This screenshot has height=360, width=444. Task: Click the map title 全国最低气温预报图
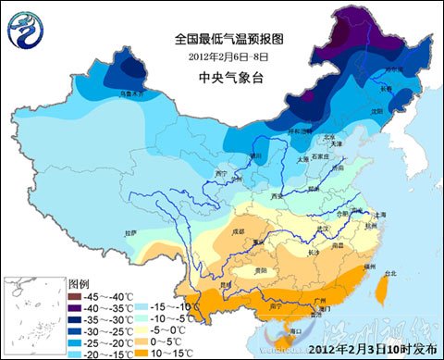(x=221, y=39)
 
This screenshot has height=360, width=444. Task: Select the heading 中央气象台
(x=222, y=77)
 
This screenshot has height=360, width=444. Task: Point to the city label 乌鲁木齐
(x=132, y=93)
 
